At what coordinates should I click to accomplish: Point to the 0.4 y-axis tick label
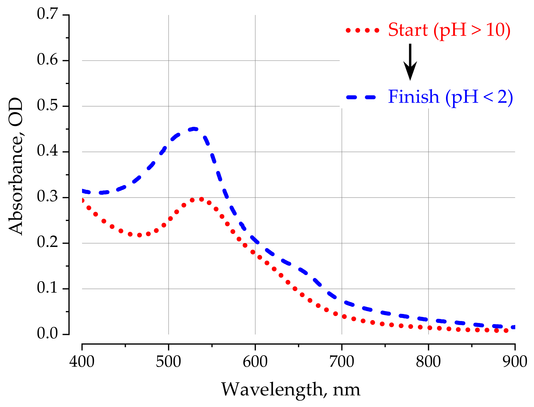(x=47, y=151)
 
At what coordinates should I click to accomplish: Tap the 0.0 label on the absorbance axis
(x=47, y=333)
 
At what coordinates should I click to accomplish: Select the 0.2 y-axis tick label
(x=47, y=242)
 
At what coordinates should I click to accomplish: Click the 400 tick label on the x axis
(x=82, y=362)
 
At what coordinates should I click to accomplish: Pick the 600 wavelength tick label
(x=255, y=362)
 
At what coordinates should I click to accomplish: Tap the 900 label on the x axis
(x=515, y=362)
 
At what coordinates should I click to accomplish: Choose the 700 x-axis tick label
(x=342, y=362)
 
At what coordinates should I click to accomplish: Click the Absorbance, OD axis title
(x=16, y=166)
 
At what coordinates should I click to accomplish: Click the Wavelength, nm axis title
(x=290, y=390)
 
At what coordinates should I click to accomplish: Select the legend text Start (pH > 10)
(x=449, y=30)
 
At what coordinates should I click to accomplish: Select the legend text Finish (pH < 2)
(x=450, y=97)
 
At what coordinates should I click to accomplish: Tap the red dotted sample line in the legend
(x=363, y=30)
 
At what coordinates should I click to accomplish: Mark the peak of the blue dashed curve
(x=194, y=129)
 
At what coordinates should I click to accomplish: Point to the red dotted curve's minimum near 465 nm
(x=139, y=235)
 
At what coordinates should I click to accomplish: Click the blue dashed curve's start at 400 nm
(x=83, y=191)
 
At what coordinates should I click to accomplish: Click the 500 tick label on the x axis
(x=168, y=362)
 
